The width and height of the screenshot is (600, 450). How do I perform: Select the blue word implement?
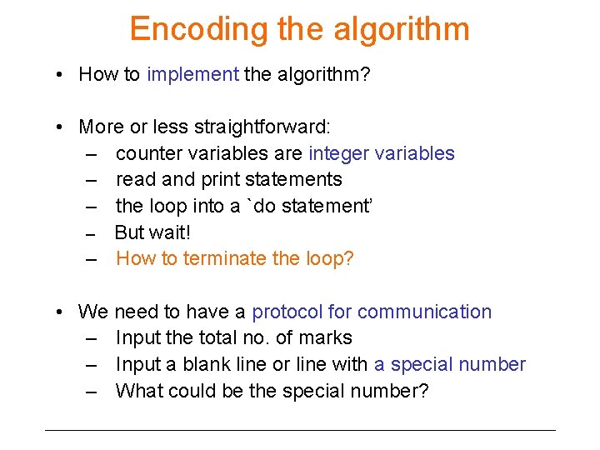coord(192,74)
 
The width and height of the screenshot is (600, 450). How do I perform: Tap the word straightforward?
coord(262,127)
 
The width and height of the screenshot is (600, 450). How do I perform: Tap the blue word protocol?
coord(287,312)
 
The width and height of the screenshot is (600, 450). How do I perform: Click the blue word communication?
coord(424,312)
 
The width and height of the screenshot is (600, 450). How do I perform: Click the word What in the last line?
coord(139,390)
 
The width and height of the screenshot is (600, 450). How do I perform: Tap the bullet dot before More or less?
coord(61,127)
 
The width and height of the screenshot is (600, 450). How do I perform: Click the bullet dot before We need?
coord(61,312)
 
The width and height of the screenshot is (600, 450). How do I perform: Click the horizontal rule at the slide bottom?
coord(300,430)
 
